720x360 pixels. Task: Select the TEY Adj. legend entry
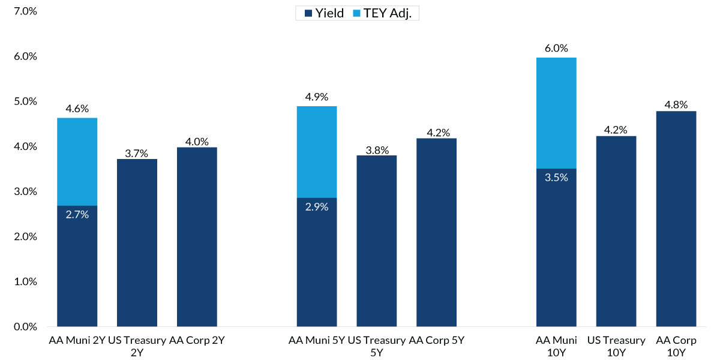[389, 13]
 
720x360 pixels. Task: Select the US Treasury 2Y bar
[137, 243]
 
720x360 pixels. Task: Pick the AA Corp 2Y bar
[197, 237]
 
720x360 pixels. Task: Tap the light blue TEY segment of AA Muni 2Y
[77, 162]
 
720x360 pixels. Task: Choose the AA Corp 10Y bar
[676, 219]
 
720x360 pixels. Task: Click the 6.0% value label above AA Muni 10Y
[556, 49]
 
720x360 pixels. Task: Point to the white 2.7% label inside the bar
[77, 214]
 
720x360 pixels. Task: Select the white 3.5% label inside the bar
[556, 177]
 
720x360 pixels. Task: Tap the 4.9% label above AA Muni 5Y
[316, 97]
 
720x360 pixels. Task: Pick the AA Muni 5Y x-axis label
[316, 341]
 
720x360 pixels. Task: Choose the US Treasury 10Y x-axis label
[616, 346]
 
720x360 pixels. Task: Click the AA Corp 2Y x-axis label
[197, 341]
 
